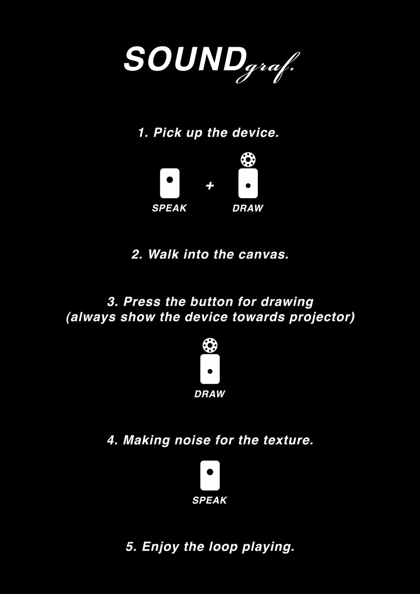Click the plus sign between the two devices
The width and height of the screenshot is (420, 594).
click(209, 186)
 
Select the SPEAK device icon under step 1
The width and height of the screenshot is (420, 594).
click(169, 183)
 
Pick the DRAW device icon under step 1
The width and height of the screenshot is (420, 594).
click(248, 183)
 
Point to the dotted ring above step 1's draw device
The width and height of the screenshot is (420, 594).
click(248, 160)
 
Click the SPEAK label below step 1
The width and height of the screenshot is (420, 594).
click(169, 208)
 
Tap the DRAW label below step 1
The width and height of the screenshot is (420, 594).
click(247, 208)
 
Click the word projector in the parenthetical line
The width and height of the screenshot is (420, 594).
click(321, 317)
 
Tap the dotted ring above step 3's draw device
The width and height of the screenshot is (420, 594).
click(209, 345)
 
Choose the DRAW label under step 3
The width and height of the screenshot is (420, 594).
click(209, 394)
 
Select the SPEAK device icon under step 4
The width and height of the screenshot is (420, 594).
click(209, 475)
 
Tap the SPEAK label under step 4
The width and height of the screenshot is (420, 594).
click(209, 501)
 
